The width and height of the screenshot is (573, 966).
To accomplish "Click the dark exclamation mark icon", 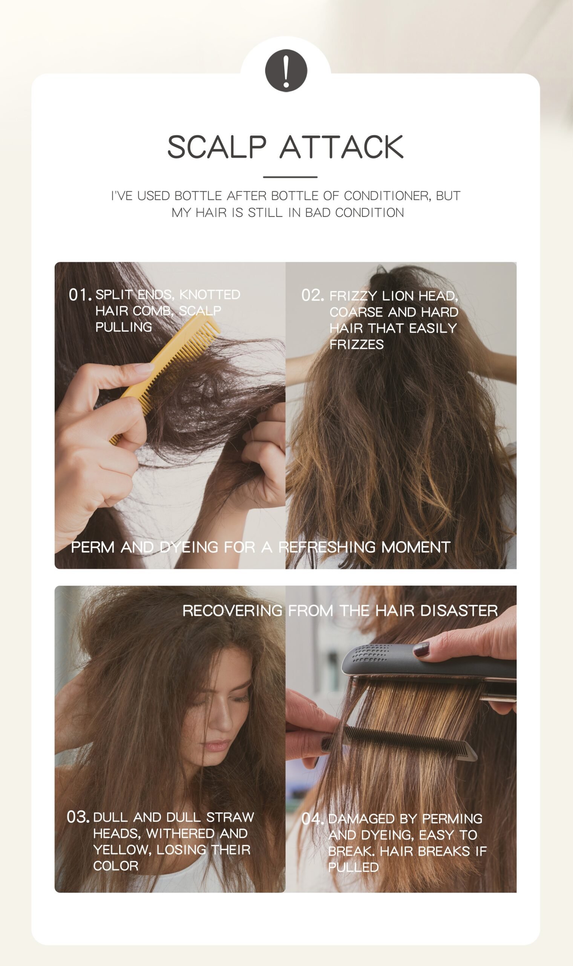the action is coord(286,70).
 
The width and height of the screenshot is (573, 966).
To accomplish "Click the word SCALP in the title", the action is coord(217,147).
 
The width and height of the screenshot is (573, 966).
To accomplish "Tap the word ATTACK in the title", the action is coord(341,147).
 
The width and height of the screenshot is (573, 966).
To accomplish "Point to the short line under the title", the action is coord(290,177).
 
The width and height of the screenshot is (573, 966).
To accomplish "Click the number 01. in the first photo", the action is coord(80,295).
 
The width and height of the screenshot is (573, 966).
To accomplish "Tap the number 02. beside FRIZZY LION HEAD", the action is coord(313,295).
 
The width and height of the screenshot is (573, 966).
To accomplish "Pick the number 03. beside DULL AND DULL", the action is coord(78,817).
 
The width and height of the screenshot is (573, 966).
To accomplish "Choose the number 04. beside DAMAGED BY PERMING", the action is coord(313,819).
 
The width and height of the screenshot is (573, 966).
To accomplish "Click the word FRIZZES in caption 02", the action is coord(356,344).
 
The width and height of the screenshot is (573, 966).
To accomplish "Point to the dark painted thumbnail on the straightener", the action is coord(421,649).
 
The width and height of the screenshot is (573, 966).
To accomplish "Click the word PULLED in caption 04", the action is coord(353,868).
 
